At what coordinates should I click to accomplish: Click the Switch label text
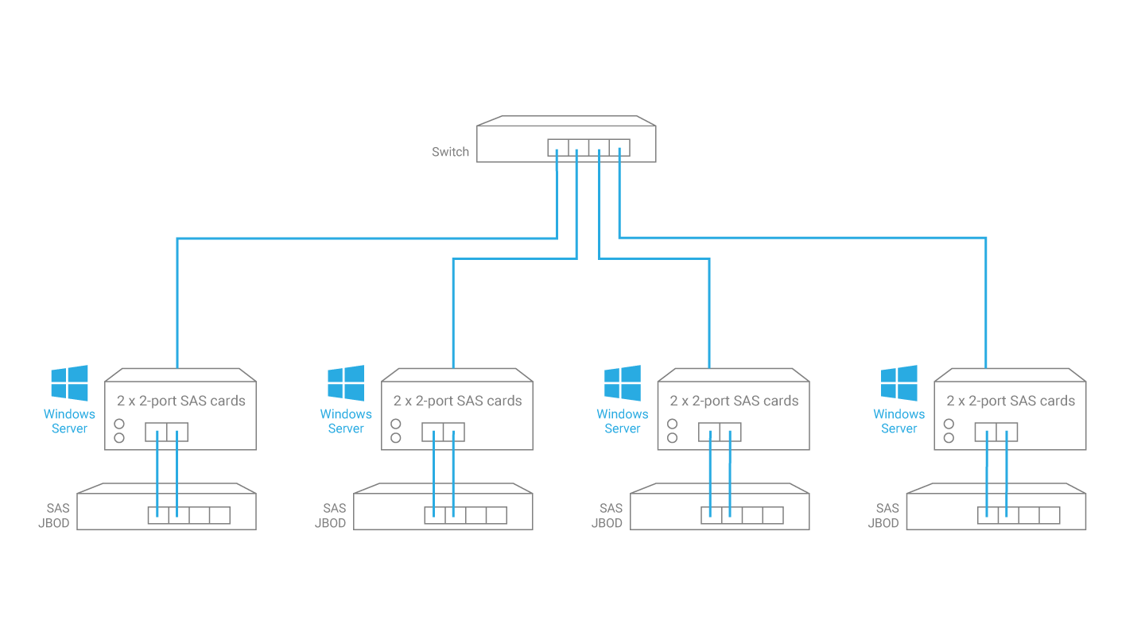[x=450, y=152]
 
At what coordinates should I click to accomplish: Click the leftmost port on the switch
[x=557, y=147]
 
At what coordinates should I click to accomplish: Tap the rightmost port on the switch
[x=619, y=147]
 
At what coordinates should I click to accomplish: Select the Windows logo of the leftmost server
[x=70, y=383]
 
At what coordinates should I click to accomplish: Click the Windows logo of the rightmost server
[x=899, y=383]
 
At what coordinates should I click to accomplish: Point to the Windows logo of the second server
[x=346, y=383]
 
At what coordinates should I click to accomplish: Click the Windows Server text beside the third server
[x=623, y=421]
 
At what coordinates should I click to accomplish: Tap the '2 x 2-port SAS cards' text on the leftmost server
[x=181, y=401]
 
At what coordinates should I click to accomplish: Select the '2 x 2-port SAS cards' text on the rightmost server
[x=1011, y=401]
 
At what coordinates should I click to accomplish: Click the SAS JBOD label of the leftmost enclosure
[x=56, y=515]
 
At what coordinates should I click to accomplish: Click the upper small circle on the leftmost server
[x=119, y=424]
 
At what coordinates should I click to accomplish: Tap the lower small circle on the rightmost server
[x=949, y=438]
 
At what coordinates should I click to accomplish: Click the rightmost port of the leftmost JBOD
[x=220, y=515]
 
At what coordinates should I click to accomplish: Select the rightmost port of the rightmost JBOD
[x=1050, y=515]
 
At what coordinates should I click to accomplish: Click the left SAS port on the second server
[x=433, y=432]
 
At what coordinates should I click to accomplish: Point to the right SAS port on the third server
[x=731, y=432]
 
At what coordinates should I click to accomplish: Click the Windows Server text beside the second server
[x=346, y=421]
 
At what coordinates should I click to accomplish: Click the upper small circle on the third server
[x=672, y=424]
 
